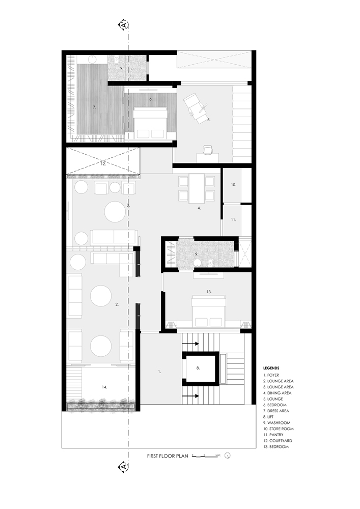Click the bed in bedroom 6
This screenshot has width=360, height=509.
click(x=150, y=123)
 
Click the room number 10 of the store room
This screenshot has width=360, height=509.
click(x=233, y=185)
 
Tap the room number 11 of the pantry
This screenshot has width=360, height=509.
click(x=233, y=219)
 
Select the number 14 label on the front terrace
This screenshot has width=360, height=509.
click(x=104, y=387)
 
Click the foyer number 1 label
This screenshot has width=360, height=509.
click(x=159, y=372)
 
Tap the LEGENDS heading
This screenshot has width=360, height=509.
click(x=271, y=367)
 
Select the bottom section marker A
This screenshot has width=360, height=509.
click(x=123, y=466)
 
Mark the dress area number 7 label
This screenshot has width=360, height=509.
click(x=94, y=107)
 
